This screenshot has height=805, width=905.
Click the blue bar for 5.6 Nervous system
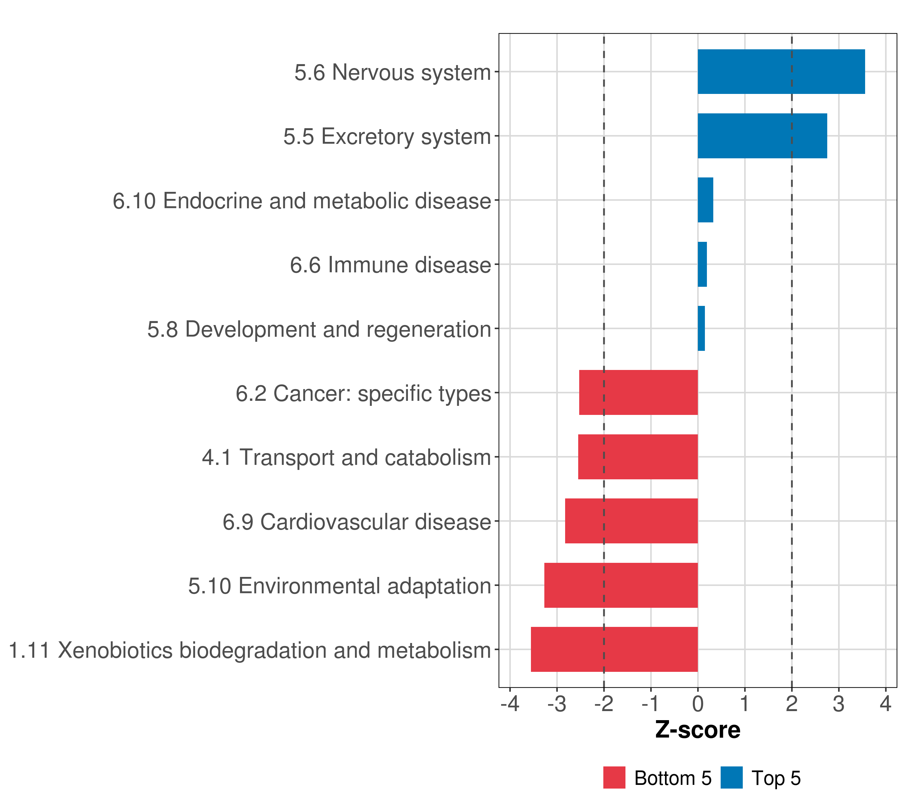[x=781, y=72]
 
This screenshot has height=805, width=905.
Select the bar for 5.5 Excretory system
[x=762, y=136]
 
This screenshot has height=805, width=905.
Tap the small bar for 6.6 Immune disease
[x=702, y=265]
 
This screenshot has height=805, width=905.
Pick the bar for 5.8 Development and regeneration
[x=701, y=328]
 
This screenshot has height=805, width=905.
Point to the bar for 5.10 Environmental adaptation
[x=621, y=585]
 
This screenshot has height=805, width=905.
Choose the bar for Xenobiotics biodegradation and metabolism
[x=614, y=649]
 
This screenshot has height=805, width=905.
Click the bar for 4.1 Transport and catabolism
[x=638, y=457]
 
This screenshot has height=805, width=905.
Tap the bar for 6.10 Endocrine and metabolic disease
[x=705, y=200]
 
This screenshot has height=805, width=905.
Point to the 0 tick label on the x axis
[x=698, y=704]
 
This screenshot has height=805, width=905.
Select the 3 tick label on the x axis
[x=839, y=704]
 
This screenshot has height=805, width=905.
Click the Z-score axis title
[x=698, y=731]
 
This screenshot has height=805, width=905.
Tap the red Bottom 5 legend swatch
[x=614, y=777]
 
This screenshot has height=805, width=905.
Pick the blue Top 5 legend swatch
[x=731, y=777]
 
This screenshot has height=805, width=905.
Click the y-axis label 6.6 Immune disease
[x=390, y=265]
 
